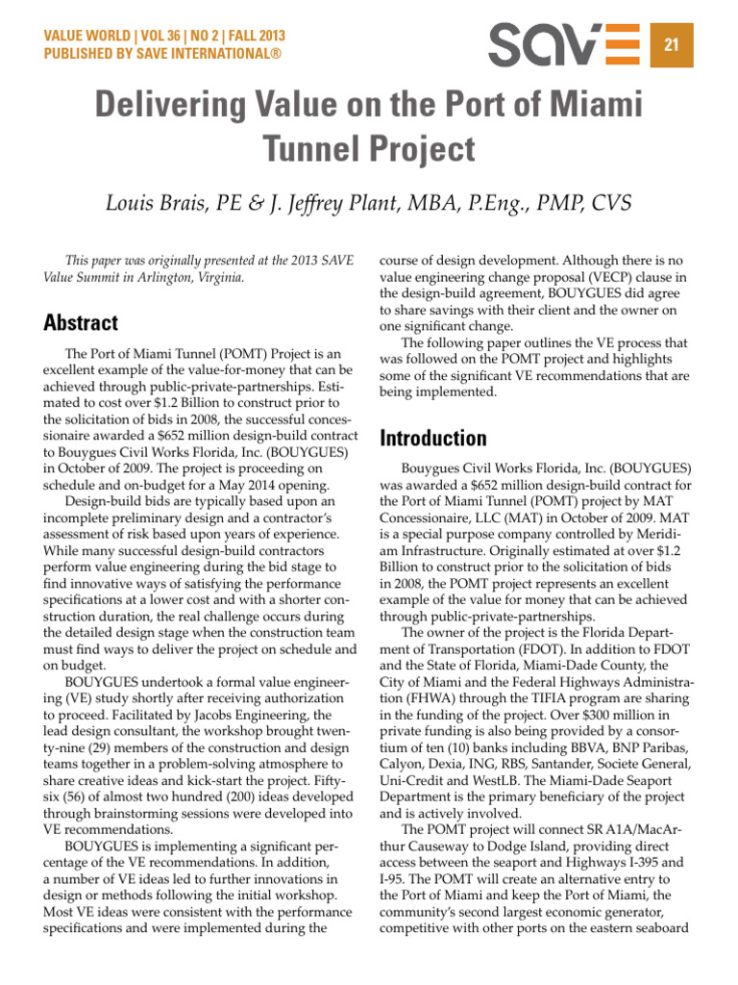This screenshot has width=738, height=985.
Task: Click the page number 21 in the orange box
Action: coord(673,45)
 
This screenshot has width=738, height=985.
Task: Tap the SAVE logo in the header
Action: coord(563,44)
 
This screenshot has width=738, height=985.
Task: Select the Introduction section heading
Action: coord(434,439)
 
